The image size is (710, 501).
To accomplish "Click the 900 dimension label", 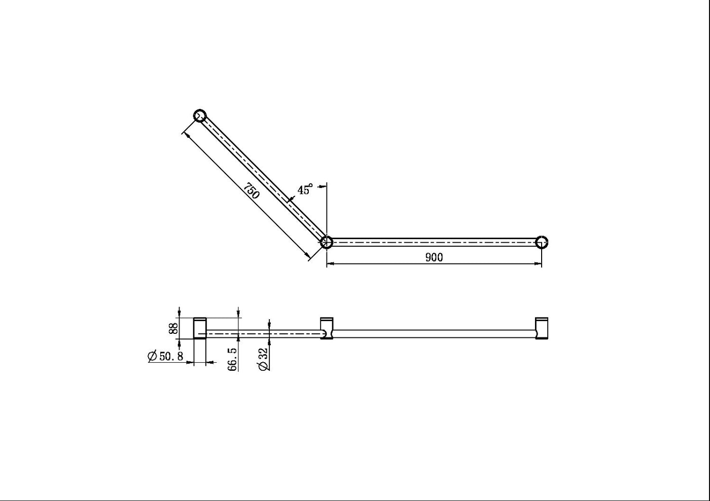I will (x=434, y=257).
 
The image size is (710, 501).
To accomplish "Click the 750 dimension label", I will (x=251, y=191).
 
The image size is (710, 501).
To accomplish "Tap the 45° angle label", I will (x=305, y=190).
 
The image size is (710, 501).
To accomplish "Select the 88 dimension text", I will (x=173, y=328).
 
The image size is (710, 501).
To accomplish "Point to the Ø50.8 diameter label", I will (x=165, y=356).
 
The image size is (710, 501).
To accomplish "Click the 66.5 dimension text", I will (x=232, y=359).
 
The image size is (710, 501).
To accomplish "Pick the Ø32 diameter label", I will (x=263, y=359).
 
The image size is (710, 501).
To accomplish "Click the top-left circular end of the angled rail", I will (x=200, y=115).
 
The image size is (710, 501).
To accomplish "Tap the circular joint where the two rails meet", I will (x=327, y=242).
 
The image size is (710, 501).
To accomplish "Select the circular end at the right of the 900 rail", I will (x=542, y=242).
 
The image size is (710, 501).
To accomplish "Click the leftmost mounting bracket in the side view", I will (x=200, y=328).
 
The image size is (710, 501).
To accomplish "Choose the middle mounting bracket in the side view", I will (x=327, y=328).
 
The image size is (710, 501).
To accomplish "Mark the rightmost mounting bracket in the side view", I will (x=542, y=328).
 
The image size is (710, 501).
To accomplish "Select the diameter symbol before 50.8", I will (x=152, y=356).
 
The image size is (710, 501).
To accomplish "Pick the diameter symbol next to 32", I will (x=263, y=366).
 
